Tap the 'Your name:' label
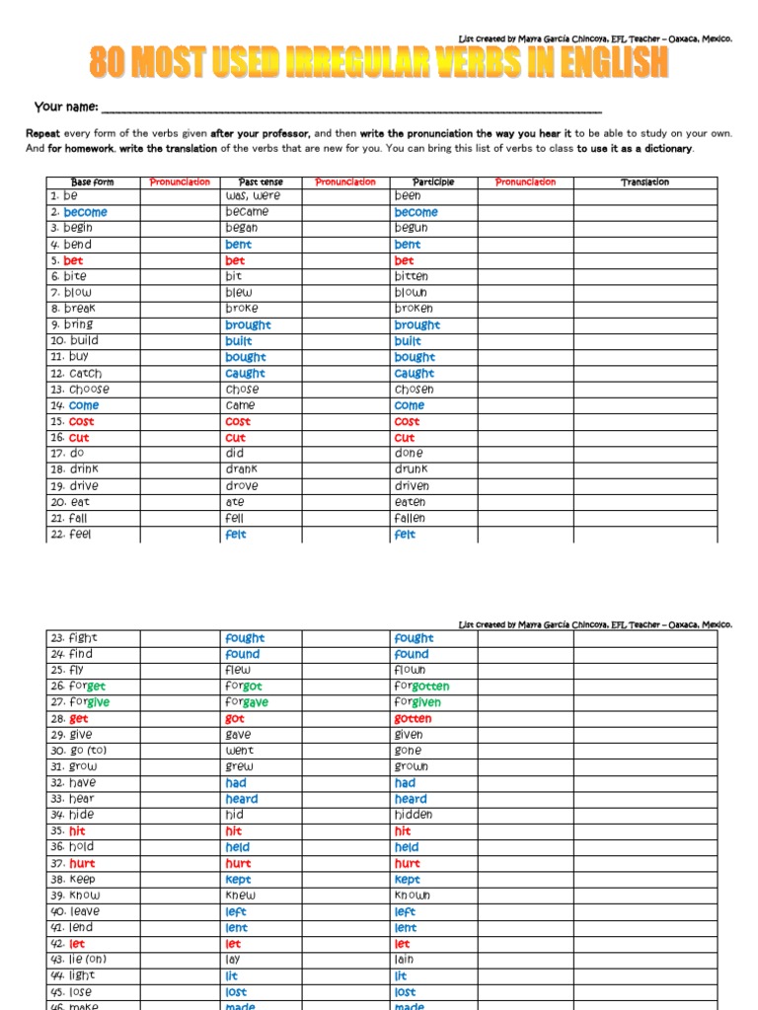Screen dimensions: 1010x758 (65, 107)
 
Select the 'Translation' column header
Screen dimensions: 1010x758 (644, 182)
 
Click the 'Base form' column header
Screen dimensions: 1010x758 (93, 182)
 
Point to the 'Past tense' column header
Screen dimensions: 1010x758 (261, 182)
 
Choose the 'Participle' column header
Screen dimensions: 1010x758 (434, 182)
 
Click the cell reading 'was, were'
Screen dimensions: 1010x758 (253, 196)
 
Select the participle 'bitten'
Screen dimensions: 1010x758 (411, 277)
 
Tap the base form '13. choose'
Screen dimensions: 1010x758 (80, 390)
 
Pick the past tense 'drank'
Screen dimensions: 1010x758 (242, 469)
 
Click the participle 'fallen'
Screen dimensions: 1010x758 (410, 518)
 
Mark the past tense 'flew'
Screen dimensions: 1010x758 (238, 670)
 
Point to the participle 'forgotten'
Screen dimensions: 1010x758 (421, 686)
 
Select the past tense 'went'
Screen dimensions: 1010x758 (239, 751)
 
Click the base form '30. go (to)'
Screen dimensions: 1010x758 (78, 751)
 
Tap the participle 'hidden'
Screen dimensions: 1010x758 (413, 815)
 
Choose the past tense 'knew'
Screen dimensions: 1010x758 (240, 896)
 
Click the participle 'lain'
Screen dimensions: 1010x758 (404, 960)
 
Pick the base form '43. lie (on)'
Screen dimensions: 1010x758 (78, 960)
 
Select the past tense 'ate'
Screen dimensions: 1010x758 (234, 502)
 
